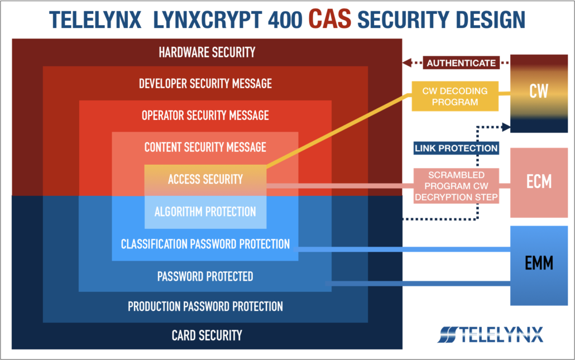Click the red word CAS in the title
coord(330,19)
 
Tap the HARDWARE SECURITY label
coord(207,52)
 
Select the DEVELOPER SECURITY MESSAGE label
coord(205,84)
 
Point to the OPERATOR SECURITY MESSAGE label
coord(205,116)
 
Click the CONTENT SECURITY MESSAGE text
coord(205,147)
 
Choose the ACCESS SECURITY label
coord(205,179)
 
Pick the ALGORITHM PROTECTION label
coord(205,212)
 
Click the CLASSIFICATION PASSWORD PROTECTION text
coord(205,244)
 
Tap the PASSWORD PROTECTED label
coord(205,276)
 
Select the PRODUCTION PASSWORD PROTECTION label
coord(205,306)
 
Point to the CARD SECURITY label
coord(207,335)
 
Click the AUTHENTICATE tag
coord(461,63)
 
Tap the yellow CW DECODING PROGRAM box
coord(455,96)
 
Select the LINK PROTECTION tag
coord(456,148)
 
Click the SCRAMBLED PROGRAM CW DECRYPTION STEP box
coord(456,186)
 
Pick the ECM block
coord(539,183)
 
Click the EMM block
coord(539,266)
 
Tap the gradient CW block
coord(539,93)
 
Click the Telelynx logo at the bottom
coord(490,334)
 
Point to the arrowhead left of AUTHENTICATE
coord(406,63)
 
